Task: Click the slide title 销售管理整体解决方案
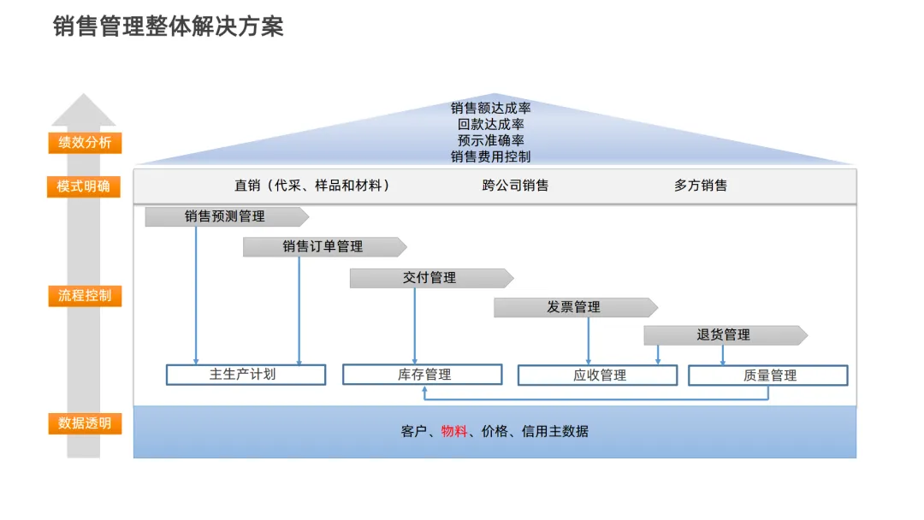tap(168, 27)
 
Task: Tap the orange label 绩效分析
tap(85, 143)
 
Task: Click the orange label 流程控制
tap(85, 297)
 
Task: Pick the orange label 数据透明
tap(85, 423)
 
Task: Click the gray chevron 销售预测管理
tap(225, 216)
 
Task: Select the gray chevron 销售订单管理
tap(323, 246)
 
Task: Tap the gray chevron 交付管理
tap(429, 278)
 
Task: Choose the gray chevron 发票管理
tap(574, 307)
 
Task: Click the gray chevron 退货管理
tap(724, 335)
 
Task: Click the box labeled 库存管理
tap(423, 375)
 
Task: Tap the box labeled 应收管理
tap(598, 375)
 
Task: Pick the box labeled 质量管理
tap(768, 375)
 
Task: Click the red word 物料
tap(454, 432)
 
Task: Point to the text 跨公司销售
tap(515, 186)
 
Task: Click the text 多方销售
tap(700, 186)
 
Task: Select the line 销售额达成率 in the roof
tap(491, 109)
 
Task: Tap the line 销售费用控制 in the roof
tap(491, 157)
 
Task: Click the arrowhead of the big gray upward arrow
tap(84, 109)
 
